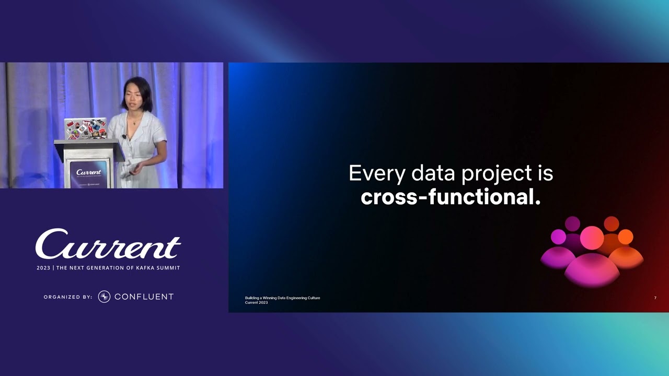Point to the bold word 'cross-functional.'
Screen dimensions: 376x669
[x=451, y=197]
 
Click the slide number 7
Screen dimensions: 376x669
[x=655, y=298]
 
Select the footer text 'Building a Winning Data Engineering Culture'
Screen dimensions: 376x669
[x=282, y=298]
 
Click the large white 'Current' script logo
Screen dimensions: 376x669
[x=108, y=244]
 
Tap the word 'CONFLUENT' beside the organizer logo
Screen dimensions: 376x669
[x=144, y=297]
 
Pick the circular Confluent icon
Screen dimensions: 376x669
[x=104, y=297]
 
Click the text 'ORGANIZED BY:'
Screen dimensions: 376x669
[x=68, y=297]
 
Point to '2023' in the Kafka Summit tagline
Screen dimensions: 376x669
[x=43, y=268]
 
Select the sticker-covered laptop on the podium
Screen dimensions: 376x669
[x=85, y=129]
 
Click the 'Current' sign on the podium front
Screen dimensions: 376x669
[x=88, y=172]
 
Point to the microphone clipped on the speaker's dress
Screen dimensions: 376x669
[x=124, y=137]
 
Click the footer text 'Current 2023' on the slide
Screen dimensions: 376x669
[x=256, y=303]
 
